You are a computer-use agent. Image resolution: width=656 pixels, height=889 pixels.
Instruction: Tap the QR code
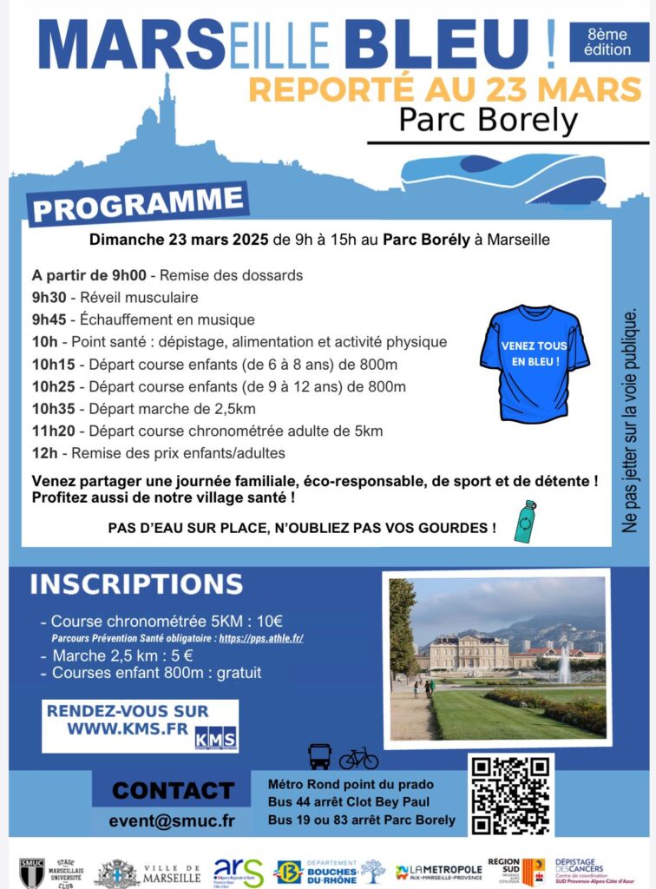pos(510,795)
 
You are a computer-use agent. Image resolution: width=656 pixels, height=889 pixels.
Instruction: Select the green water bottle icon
pos(526,521)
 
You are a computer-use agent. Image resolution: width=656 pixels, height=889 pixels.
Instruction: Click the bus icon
pos(319,757)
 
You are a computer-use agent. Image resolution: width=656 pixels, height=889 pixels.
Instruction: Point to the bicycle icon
pos(358,758)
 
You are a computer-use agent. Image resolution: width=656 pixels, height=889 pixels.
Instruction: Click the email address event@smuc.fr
pos(172,820)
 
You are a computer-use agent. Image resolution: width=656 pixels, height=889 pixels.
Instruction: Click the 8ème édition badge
pos(608,42)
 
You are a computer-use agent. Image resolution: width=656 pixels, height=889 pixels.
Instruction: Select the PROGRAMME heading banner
pos(138,202)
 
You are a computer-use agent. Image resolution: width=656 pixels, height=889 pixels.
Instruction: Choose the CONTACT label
pos(173,790)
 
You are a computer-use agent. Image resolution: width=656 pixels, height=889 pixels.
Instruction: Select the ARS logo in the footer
pos(238,872)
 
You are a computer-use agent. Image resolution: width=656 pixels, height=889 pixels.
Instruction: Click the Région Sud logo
pos(515,872)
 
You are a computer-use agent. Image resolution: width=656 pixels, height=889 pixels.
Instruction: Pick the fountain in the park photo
pos(565,663)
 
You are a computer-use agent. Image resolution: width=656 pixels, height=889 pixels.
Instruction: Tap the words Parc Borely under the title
pos(488,120)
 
